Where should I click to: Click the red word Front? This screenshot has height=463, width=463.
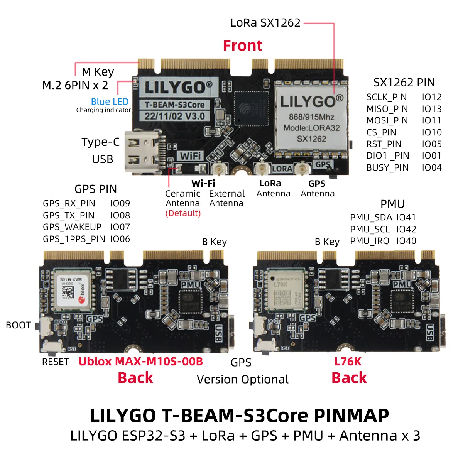[x=242, y=46]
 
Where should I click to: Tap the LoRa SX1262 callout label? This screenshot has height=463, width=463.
[x=265, y=23]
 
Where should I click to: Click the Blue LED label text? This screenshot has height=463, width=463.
[x=110, y=101]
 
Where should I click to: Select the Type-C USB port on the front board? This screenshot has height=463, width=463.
[x=142, y=152]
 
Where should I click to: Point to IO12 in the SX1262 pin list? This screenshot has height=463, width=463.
[x=431, y=97]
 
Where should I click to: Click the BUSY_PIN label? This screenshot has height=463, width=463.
[x=387, y=167]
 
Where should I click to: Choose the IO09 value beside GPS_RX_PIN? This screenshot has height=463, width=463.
[x=120, y=203]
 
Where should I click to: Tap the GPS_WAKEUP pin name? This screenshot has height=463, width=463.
[x=72, y=227]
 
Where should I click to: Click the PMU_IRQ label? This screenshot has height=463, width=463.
[x=370, y=241]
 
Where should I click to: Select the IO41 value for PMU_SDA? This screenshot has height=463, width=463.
[x=406, y=217]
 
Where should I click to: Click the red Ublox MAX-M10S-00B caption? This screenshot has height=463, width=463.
[x=140, y=362]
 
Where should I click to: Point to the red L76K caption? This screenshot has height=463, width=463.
[x=348, y=362]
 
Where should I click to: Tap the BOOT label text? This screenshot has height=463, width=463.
[x=18, y=325]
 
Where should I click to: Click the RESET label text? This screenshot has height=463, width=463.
[x=55, y=362]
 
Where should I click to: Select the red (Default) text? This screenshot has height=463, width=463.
[x=183, y=213]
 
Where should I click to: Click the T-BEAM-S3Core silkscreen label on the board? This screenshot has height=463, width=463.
[x=175, y=105]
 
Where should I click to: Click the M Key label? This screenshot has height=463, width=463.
[x=98, y=72]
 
